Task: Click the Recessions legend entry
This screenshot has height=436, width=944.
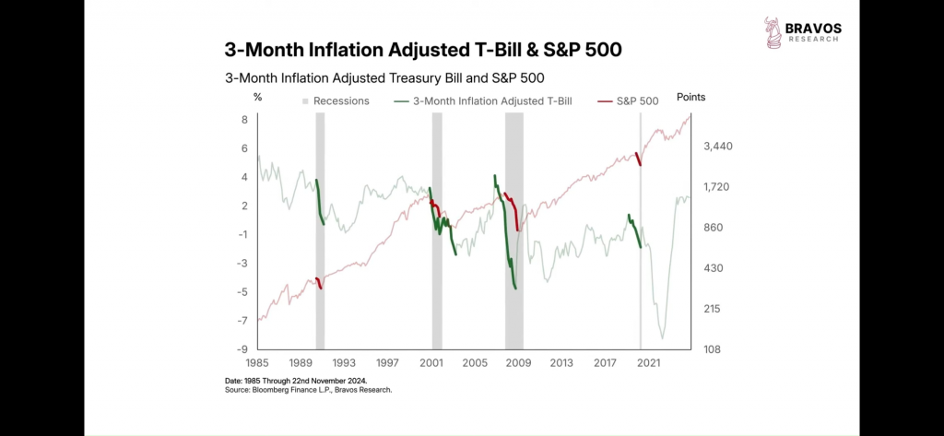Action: [336, 101]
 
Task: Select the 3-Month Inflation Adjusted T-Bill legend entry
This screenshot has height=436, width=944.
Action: [483, 101]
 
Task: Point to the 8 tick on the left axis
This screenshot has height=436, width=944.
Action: [244, 120]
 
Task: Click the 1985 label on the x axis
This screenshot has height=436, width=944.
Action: [256, 363]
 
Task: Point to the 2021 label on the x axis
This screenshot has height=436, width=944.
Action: [647, 363]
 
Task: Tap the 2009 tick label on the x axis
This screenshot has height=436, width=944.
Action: [517, 363]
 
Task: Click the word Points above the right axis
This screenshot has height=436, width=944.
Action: [690, 97]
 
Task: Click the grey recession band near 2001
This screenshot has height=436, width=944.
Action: [437, 230]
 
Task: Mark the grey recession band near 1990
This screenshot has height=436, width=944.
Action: [320, 230]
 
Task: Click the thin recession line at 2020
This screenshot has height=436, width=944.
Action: [641, 277]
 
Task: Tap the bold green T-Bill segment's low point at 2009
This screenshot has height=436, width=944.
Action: [515, 289]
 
